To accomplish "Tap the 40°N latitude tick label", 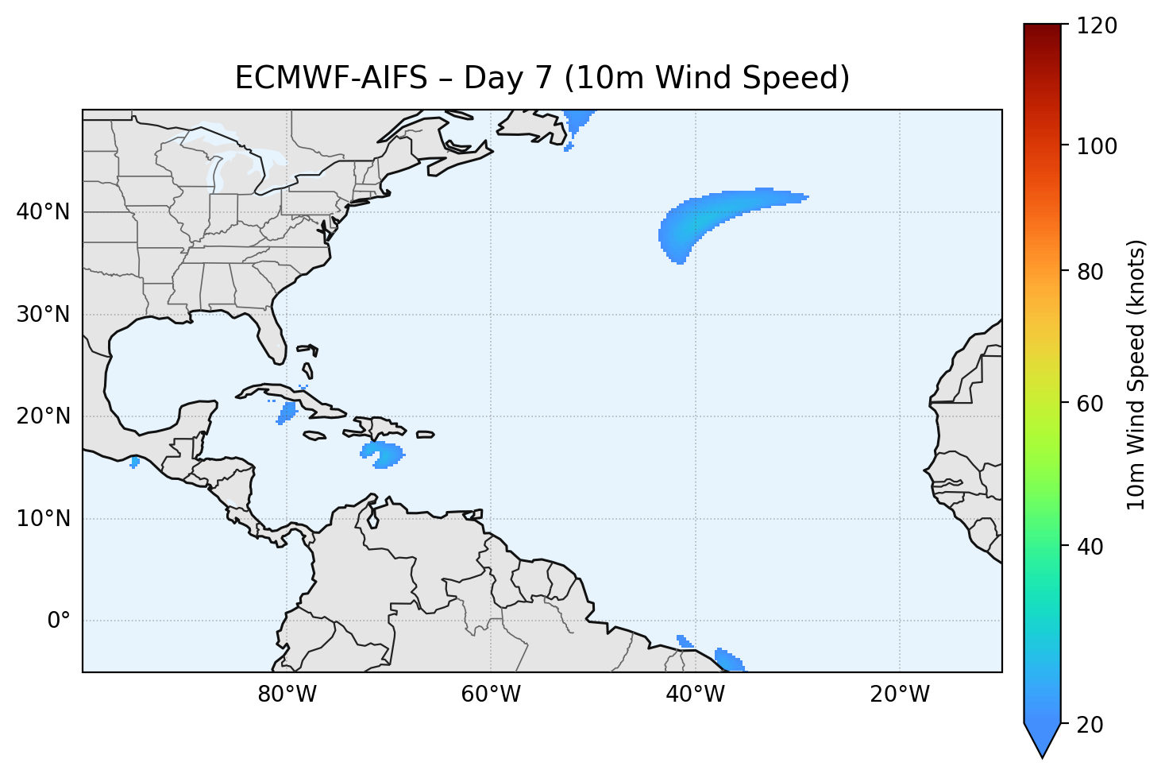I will [43, 212].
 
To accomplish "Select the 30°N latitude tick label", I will [43, 315].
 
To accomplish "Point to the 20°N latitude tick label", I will [43, 416].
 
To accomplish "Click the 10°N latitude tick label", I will [43, 519].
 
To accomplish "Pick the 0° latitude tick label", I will [58, 621].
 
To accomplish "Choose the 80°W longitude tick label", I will [287, 695].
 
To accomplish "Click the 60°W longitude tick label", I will [491, 695].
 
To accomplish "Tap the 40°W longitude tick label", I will [695, 695].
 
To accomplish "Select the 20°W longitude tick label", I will [899, 695].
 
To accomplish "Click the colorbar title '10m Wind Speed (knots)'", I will [1136, 374].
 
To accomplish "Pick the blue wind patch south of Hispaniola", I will [383, 455].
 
